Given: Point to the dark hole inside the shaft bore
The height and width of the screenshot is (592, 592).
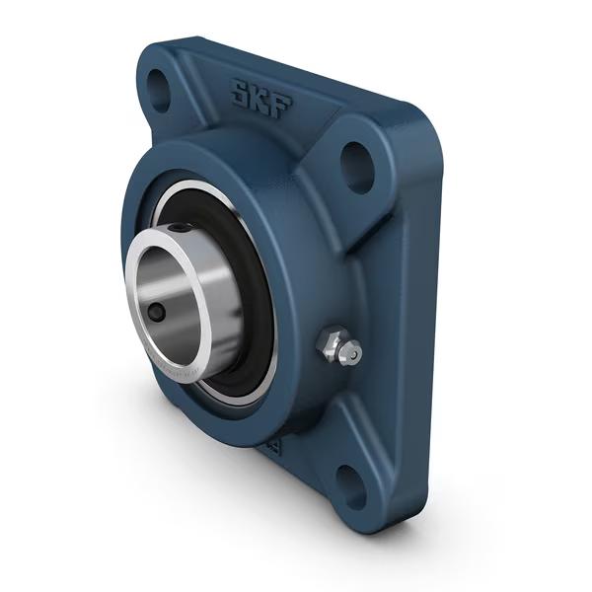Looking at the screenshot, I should (x=158, y=313).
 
